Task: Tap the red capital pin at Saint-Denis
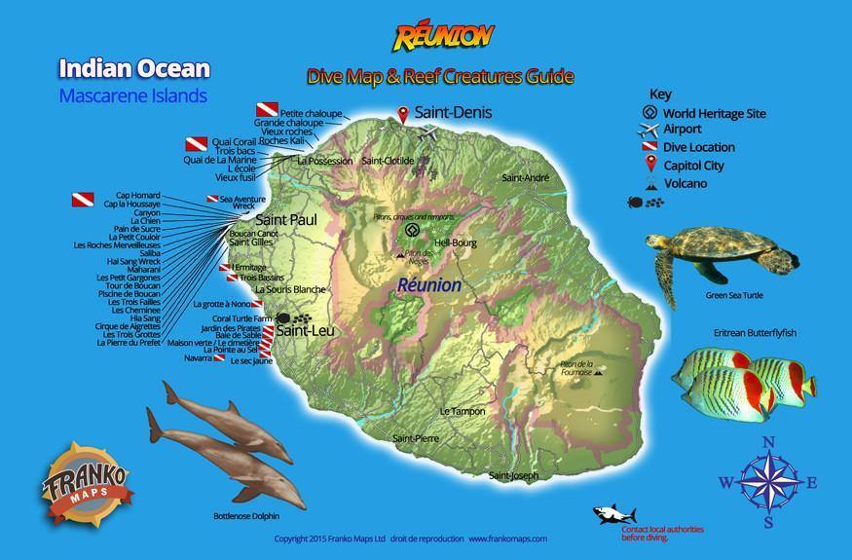tap(403, 115)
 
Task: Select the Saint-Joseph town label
tap(513, 475)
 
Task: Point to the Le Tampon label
tap(462, 411)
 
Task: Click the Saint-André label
tap(525, 178)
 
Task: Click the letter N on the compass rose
tap(767, 443)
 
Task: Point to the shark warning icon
tap(615, 514)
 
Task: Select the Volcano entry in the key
tap(685, 183)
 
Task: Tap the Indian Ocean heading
tap(133, 68)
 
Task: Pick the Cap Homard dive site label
tap(137, 194)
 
